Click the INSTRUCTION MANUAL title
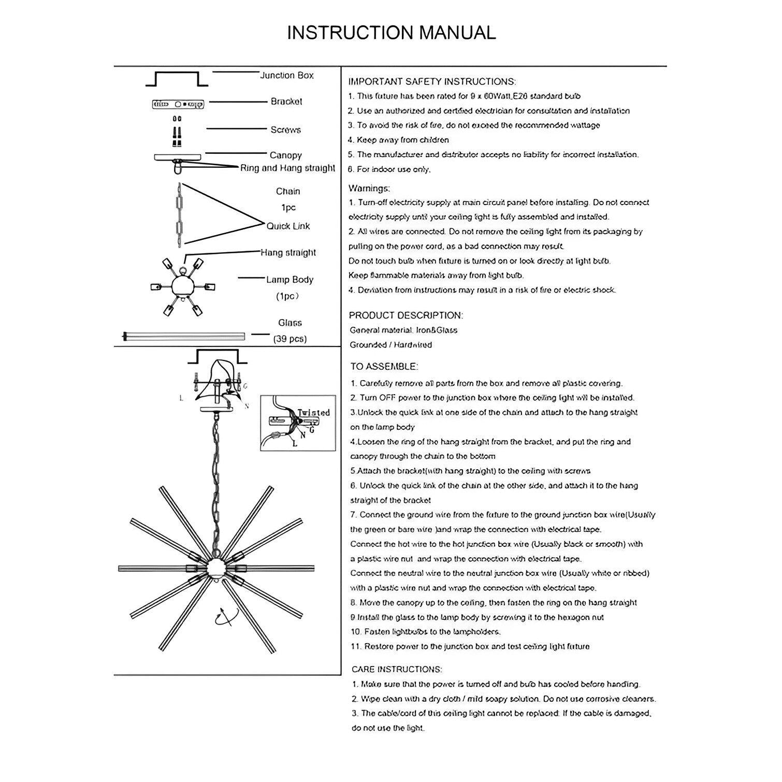point(391,33)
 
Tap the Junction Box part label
point(286,76)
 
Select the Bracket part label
point(286,102)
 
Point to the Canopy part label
point(285,155)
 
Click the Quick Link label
point(288,226)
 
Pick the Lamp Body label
point(289,280)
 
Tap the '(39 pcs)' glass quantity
point(289,340)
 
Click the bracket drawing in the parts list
point(178,104)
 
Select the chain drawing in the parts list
point(179,213)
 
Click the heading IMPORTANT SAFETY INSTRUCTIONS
point(432,82)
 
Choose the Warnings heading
point(369,188)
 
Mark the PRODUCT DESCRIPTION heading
point(406,315)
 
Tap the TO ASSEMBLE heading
point(384,367)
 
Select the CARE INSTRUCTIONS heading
point(397,670)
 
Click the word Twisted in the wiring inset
point(313,413)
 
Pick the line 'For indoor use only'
point(389,169)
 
